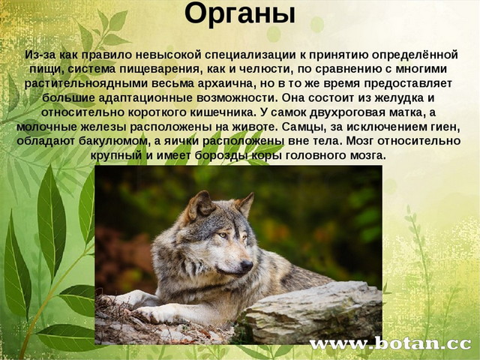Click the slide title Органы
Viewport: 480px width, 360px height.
coord(240,14)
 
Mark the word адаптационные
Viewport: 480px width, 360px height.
coord(146,98)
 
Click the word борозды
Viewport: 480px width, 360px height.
coord(220,156)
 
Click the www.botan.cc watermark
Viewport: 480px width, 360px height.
coord(390,343)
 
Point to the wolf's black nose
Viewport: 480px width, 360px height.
coord(247,265)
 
